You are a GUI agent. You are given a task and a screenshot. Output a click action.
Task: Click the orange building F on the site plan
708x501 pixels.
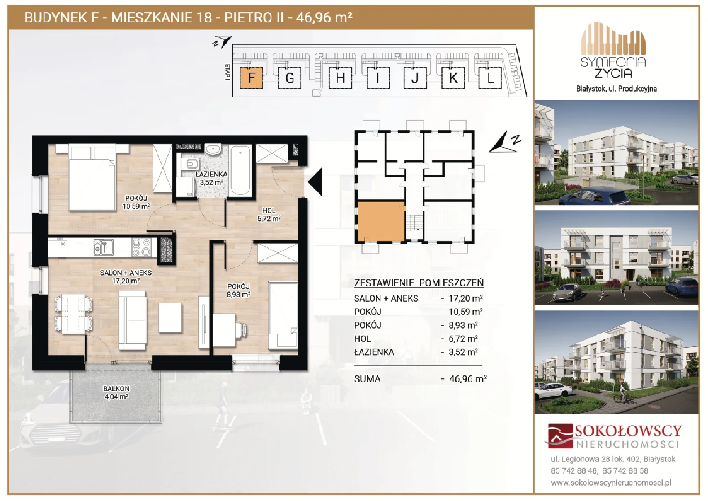point(251,78)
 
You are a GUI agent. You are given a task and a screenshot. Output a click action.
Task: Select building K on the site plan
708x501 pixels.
point(453,78)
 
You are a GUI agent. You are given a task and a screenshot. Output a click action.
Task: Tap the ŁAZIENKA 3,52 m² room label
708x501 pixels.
point(211,178)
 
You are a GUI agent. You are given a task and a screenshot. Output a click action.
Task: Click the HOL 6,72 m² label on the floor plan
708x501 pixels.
point(269,215)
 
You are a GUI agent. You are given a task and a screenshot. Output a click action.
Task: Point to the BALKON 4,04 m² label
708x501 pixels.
point(116,392)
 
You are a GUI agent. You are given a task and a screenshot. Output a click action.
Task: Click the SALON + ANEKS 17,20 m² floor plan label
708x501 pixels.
point(126,277)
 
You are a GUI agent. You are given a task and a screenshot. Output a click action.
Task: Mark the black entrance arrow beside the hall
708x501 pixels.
point(315,181)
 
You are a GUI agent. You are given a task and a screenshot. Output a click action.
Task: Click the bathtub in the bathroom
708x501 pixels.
point(240,171)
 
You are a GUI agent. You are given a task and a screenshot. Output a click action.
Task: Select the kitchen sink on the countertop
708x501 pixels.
point(103,247)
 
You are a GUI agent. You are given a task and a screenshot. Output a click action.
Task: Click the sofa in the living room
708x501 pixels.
point(133,320)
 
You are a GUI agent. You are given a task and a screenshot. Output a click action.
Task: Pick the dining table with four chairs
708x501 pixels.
point(74,313)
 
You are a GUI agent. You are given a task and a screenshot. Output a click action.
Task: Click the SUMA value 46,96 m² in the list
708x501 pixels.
point(468,378)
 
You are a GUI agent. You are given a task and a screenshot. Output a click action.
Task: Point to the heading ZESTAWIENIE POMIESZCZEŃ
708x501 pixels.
point(419,282)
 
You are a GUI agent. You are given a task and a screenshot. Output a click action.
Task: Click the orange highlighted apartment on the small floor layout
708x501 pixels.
point(381,221)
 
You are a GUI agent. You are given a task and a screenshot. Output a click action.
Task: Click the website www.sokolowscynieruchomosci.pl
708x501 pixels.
point(611,483)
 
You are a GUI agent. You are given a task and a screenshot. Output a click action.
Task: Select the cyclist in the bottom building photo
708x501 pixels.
point(623,393)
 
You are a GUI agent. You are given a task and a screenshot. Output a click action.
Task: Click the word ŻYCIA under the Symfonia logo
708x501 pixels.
point(613,73)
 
